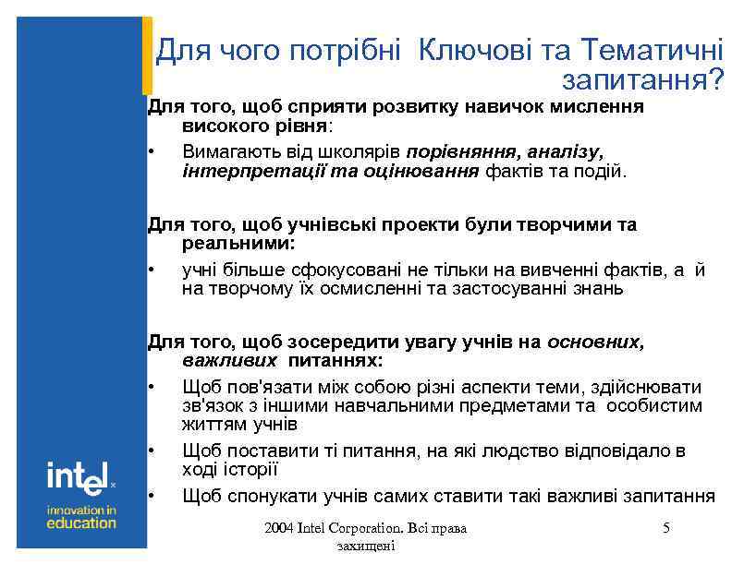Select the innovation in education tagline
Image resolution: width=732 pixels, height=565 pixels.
click(x=81, y=516)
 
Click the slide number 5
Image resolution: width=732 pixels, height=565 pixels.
click(x=665, y=528)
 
